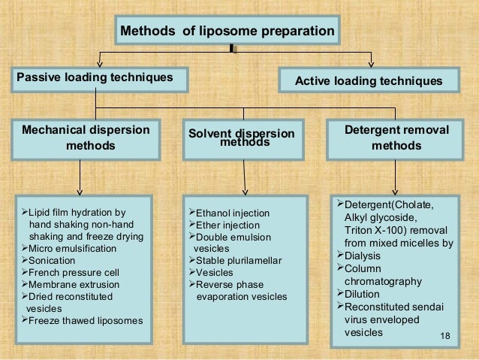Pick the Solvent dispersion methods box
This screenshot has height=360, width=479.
click(x=241, y=138)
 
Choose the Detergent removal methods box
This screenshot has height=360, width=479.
click(x=396, y=138)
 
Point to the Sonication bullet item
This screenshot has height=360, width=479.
click(x=53, y=259)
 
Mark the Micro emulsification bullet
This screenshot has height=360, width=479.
click(x=71, y=248)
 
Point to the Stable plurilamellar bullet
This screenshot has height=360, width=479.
click(x=233, y=261)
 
